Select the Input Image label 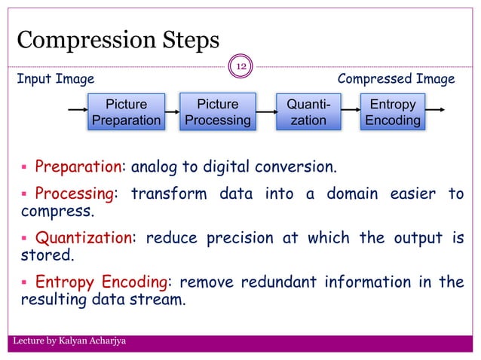coord(56,79)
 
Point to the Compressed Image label coord(396,79)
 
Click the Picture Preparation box coord(126,112)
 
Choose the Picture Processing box coord(217,112)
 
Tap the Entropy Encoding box coord(392,112)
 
